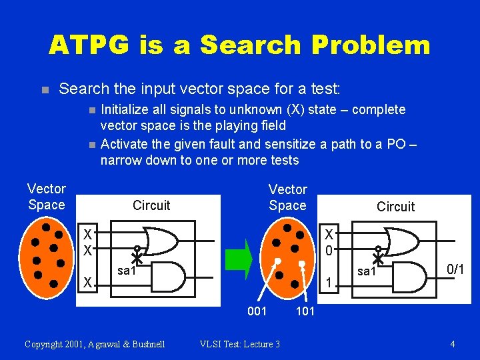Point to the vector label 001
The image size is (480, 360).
coord(257,311)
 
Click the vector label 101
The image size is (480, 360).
coord(305,311)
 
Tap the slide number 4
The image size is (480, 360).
coord(453,344)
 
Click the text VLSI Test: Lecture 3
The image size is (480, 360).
coord(240,344)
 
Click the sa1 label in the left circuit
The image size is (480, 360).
coord(127,270)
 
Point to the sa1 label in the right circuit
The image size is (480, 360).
coord(367,271)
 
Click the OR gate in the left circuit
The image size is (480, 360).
coord(160,241)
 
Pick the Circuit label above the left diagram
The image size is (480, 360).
coord(151,205)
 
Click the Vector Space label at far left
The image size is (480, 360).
coord(47,197)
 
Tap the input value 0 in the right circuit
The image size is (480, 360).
coord(329,250)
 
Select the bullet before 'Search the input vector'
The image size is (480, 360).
coord(45,89)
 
